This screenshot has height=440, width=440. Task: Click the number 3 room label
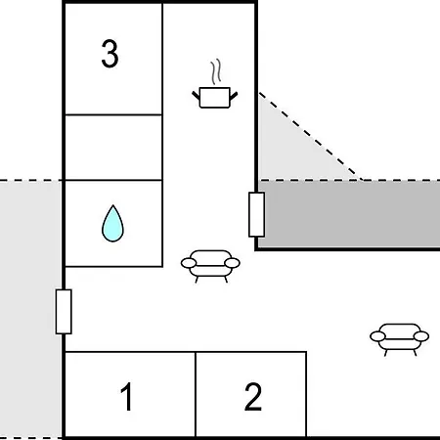click(110, 54)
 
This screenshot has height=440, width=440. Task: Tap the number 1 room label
click(127, 396)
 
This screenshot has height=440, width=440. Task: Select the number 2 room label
click(253, 396)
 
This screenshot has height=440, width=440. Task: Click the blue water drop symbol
click(112, 224)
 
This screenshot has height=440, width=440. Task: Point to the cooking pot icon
click(215, 97)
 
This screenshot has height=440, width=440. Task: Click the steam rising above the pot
click(216, 71)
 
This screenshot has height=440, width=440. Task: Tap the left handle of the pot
click(196, 96)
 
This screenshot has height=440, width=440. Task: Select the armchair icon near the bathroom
click(210, 266)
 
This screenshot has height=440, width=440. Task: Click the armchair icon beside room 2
click(400, 339)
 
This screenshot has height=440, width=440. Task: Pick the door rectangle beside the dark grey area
click(256, 214)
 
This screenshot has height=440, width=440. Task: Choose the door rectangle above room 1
click(64, 312)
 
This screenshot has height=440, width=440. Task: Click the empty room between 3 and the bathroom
click(113, 148)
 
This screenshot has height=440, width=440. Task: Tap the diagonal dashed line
click(310, 136)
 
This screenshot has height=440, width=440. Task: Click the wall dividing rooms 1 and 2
click(196, 394)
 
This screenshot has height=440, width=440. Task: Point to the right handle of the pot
click(234, 96)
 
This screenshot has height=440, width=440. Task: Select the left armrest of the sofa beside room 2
click(377, 336)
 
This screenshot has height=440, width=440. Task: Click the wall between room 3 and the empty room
click(113, 114)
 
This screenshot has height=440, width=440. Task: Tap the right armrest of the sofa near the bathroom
click(233, 263)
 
